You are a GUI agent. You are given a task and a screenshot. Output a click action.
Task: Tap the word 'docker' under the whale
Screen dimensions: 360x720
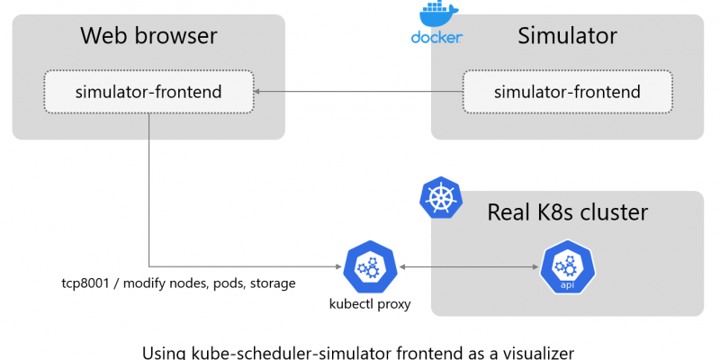tap(436, 38)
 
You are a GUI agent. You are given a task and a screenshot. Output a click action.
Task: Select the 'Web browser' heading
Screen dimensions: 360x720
tap(148, 36)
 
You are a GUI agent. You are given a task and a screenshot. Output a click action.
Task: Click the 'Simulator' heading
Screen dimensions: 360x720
tap(567, 36)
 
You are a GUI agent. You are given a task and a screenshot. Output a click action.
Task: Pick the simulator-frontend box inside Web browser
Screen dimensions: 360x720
tap(149, 91)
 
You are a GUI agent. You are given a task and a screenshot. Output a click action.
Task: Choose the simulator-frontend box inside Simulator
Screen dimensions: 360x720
tap(567, 91)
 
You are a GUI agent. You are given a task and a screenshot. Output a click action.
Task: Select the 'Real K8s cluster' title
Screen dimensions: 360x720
tap(567, 212)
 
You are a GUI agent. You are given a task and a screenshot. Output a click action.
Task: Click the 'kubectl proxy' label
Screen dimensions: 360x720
tap(371, 304)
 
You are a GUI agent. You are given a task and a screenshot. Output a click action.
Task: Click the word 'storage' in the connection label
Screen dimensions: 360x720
tap(270, 283)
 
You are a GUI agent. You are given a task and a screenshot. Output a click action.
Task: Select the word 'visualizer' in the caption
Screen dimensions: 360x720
tap(530, 352)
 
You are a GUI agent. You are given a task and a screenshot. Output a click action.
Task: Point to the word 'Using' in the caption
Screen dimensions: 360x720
tap(164, 352)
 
